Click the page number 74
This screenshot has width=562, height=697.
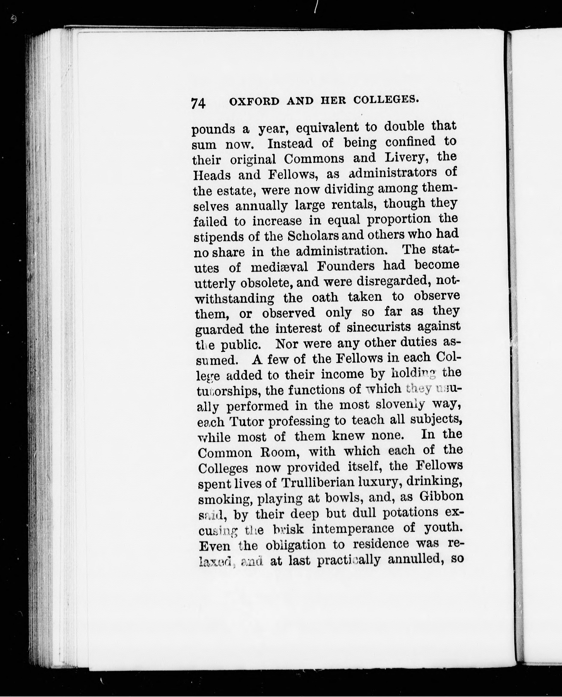pyautogui.click(x=198, y=104)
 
